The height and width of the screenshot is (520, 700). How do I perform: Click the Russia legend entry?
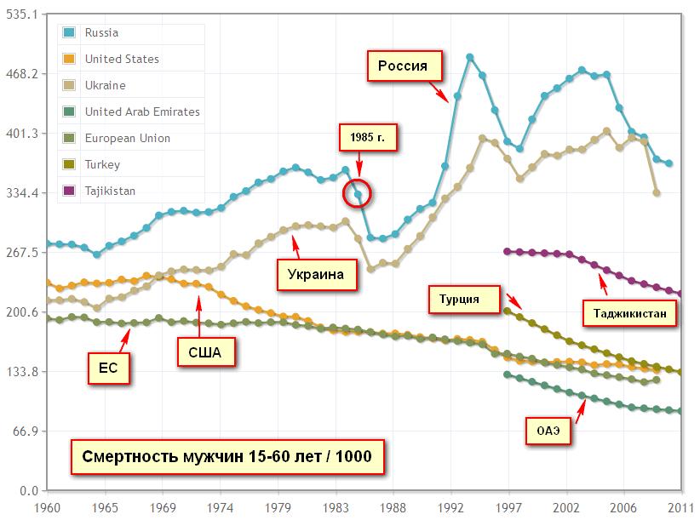pyautogui.click(x=100, y=33)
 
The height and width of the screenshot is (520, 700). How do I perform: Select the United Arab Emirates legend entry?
pyautogui.click(x=141, y=111)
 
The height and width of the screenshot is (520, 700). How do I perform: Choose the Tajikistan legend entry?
pyautogui.click(x=109, y=191)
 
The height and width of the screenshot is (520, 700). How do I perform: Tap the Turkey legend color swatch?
pyautogui.click(x=69, y=165)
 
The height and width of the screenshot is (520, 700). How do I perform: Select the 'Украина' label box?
pyautogui.click(x=316, y=274)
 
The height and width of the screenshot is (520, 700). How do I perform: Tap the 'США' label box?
pyautogui.click(x=205, y=351)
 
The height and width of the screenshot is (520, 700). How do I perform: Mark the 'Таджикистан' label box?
pyautogui.click(x=630, y=313)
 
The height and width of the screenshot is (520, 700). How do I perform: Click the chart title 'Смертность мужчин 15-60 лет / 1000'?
pyautogui.click(x=227, y=456)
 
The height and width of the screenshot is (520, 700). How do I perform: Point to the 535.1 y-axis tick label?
pyautogui.click(x=24, y=14)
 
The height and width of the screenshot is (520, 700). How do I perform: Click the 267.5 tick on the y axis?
pyautogui.click(x=24, y=253)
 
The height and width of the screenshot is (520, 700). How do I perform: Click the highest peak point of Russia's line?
pyautogui.click(x=470, y=57)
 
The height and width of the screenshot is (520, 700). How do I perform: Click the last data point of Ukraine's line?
pyautogui.click(x=657, y=193)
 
